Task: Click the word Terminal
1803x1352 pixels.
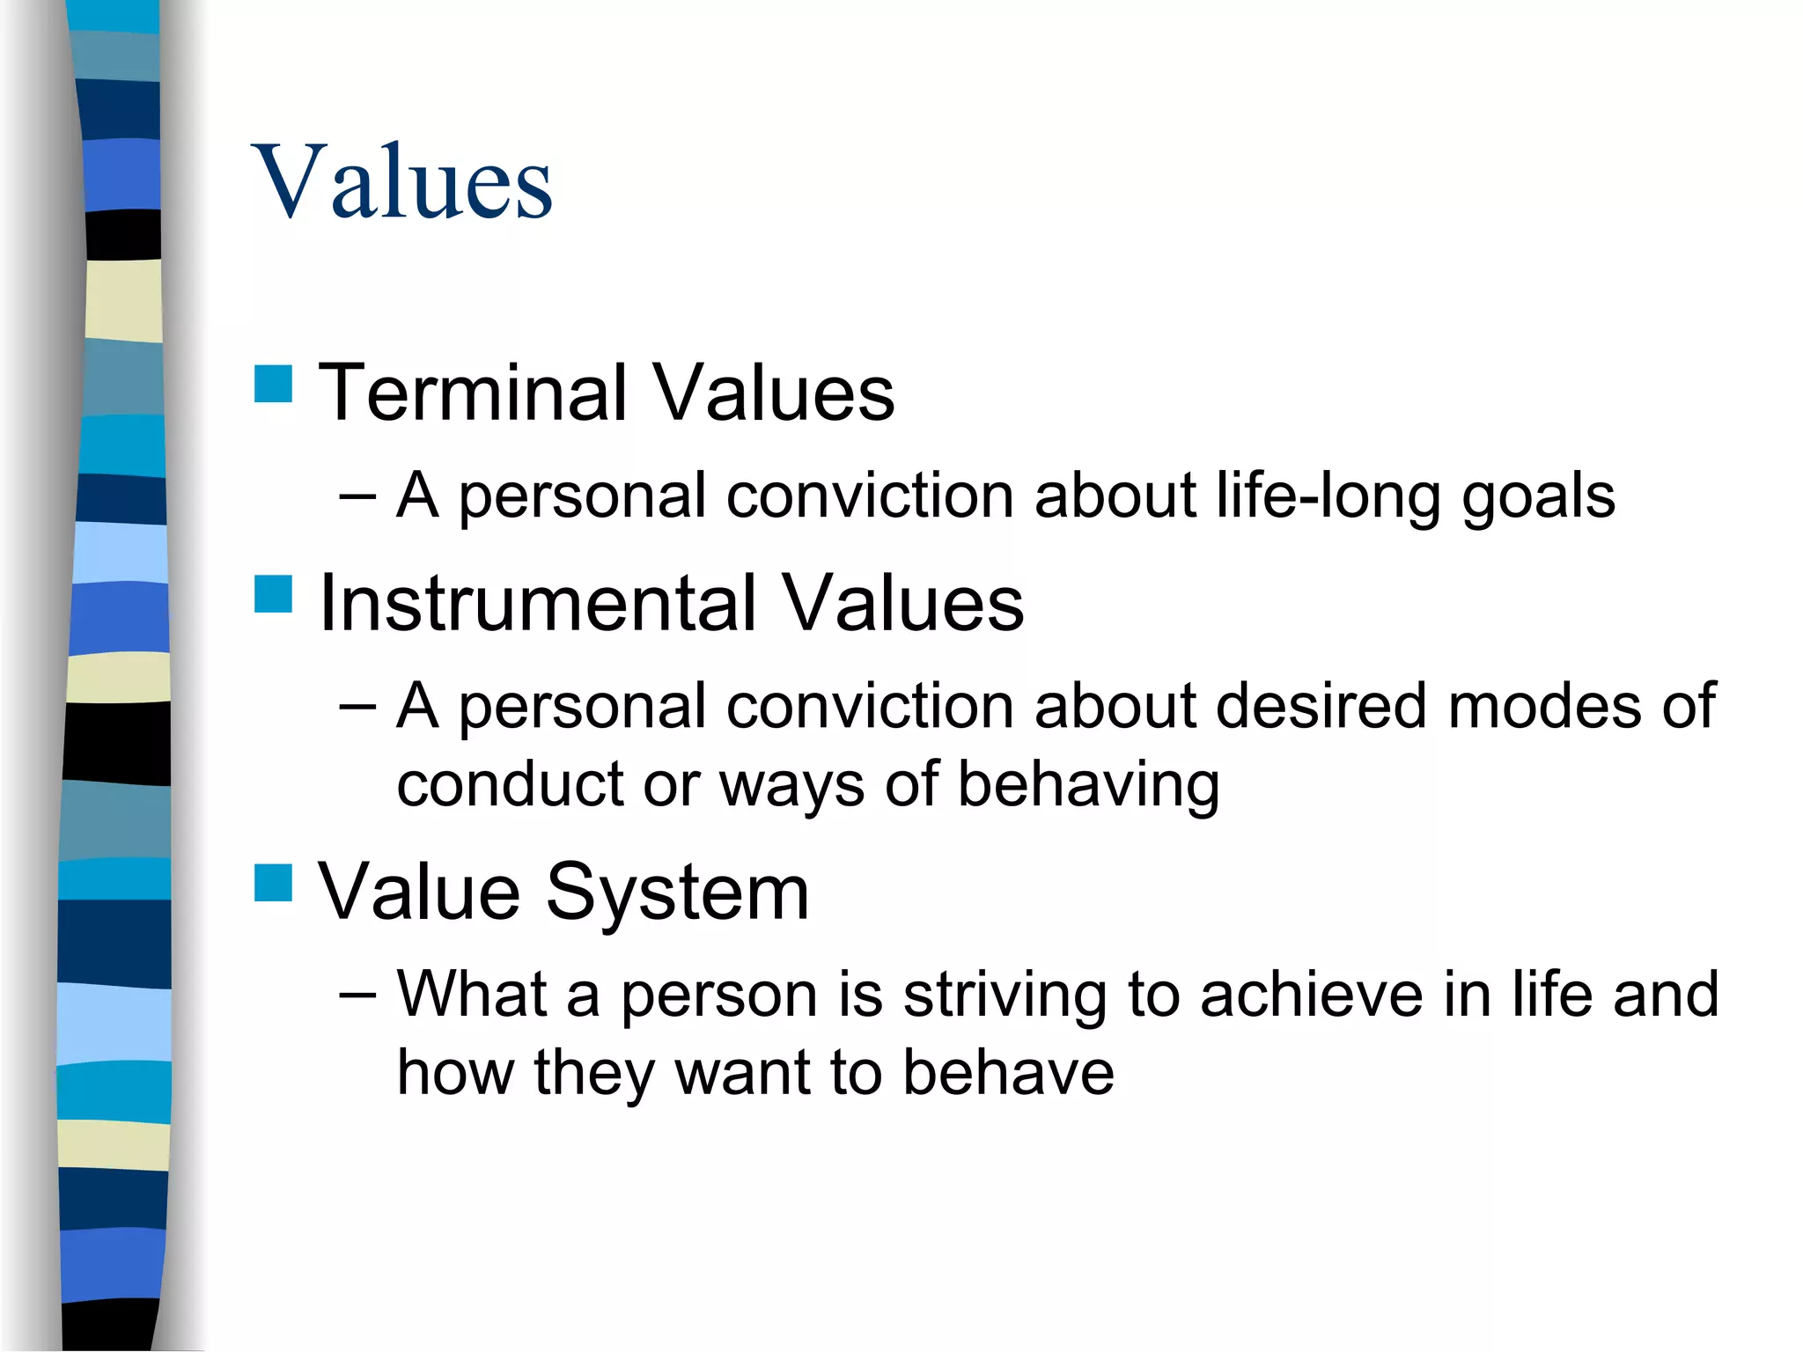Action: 473,393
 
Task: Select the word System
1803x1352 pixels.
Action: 677,893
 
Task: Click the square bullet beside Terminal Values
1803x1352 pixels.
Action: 273,384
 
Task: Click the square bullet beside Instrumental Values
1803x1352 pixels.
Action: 273,594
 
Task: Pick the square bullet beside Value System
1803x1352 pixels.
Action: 273,883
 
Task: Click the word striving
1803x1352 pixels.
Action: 1005,995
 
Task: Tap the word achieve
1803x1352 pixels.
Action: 1311,995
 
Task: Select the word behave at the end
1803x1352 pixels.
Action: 1008,1073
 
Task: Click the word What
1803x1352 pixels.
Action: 473,995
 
